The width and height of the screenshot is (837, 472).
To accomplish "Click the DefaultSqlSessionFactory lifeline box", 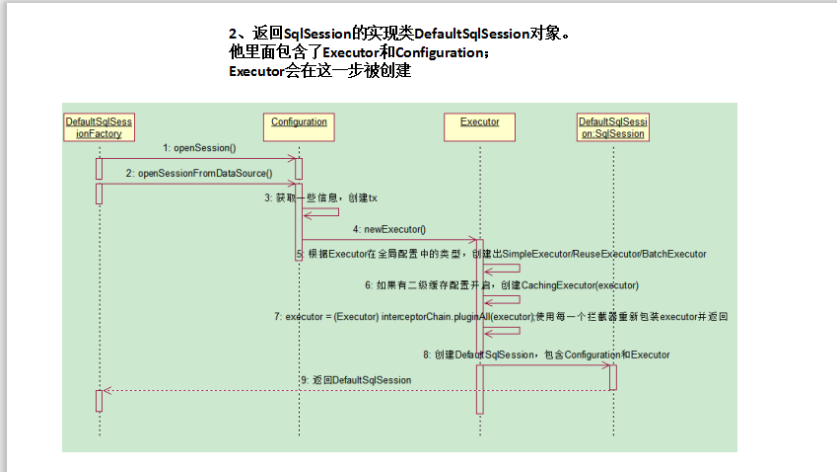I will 100,127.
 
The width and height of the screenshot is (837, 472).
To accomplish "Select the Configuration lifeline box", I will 299,122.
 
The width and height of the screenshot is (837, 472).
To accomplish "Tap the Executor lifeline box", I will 480,122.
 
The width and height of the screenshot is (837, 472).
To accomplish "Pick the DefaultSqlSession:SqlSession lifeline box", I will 612,127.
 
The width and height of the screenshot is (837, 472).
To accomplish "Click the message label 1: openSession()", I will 199,148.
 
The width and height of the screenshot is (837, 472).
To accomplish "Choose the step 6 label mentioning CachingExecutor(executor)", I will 501,285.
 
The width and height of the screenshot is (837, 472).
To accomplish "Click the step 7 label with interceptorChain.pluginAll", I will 501,317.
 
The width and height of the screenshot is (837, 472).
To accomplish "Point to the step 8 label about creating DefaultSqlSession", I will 546,354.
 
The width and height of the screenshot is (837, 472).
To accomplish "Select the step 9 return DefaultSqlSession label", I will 356,379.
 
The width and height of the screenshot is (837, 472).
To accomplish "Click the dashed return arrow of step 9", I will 296,390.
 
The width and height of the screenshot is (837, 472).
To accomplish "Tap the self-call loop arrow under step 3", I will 321,212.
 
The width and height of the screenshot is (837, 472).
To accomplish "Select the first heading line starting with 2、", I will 398,34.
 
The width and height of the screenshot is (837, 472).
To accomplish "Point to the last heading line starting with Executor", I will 319,71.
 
